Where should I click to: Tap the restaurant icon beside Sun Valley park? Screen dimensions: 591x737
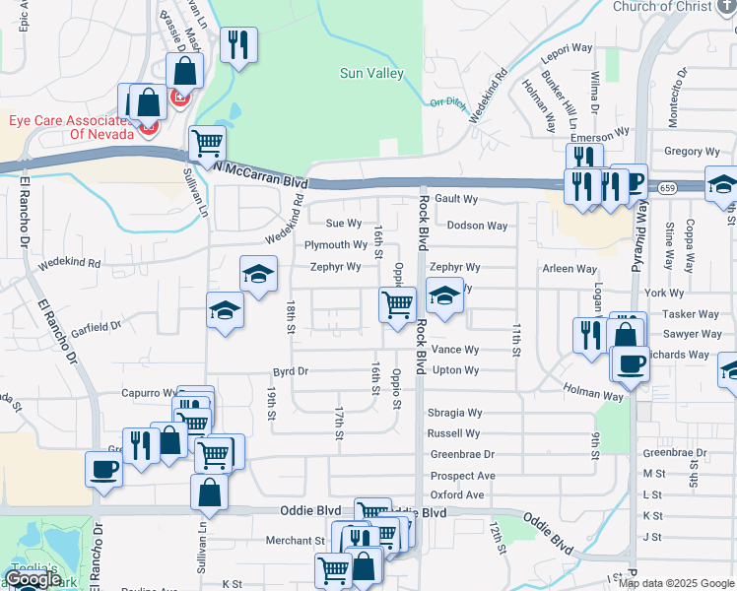[238, 45]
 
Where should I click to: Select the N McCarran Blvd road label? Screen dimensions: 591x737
[262, 175]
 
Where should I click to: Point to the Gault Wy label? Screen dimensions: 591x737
[456, 199]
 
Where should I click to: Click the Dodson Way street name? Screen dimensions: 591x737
[477, 226]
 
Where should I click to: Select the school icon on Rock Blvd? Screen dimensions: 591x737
[444, 295]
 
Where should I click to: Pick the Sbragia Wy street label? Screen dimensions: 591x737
[454, 414]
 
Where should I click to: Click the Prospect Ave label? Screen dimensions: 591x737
[462, 476]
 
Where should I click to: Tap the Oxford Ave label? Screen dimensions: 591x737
[457, 494]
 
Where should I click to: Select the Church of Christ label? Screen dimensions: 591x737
[661, 7]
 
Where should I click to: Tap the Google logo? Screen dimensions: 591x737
[32, 579]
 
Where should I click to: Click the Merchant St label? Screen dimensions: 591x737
[295, 540]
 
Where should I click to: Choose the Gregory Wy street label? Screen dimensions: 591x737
[692, 152]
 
